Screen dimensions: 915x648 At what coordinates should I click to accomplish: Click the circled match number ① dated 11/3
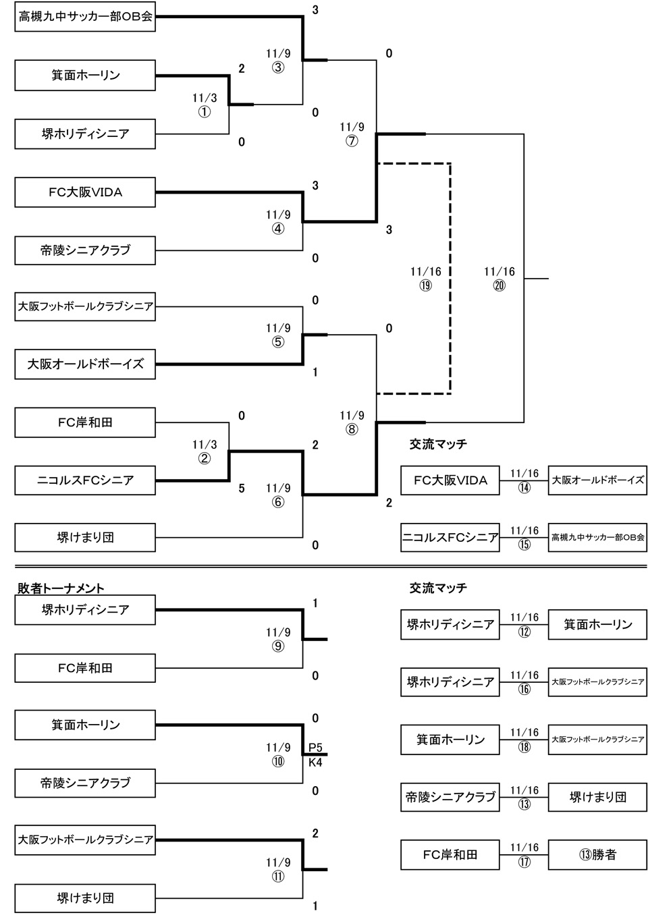coord(204,112)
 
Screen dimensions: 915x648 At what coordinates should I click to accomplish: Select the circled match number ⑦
coord(352,141)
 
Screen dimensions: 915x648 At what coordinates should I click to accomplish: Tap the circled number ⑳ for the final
coord(499,285)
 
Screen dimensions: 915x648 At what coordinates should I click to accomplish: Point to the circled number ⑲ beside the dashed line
coord(425,285)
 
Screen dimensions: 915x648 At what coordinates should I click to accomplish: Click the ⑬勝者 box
coord(597,854)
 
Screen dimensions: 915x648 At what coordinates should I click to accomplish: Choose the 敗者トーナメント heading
coord(61,589)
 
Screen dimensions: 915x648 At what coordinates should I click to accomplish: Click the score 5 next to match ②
coord(242,489)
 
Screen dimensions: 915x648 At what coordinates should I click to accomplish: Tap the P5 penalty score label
coord(315,748)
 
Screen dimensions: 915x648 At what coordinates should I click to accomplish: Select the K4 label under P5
coord(315,762)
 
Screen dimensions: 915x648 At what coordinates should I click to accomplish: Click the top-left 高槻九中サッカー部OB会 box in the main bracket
coord(85,17)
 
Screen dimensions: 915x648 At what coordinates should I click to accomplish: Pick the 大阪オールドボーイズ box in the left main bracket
coord(85,364)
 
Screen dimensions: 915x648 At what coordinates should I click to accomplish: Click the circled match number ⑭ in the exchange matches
coord(524,487)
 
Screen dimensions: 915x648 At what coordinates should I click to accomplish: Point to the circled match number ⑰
coord(524,862)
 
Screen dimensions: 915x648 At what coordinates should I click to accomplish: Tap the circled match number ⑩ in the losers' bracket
coord(278,761)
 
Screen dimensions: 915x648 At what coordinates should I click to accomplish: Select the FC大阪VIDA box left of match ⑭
coord(450,480)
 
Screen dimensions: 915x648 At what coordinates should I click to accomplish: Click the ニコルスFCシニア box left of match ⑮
coord(450,538)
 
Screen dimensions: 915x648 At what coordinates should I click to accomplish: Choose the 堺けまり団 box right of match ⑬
coord(597,797)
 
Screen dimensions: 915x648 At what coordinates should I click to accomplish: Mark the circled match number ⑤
coord(278,342)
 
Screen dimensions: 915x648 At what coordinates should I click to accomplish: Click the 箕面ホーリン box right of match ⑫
coord(597,624)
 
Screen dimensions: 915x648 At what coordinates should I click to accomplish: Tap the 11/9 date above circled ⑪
coord(278,862)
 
